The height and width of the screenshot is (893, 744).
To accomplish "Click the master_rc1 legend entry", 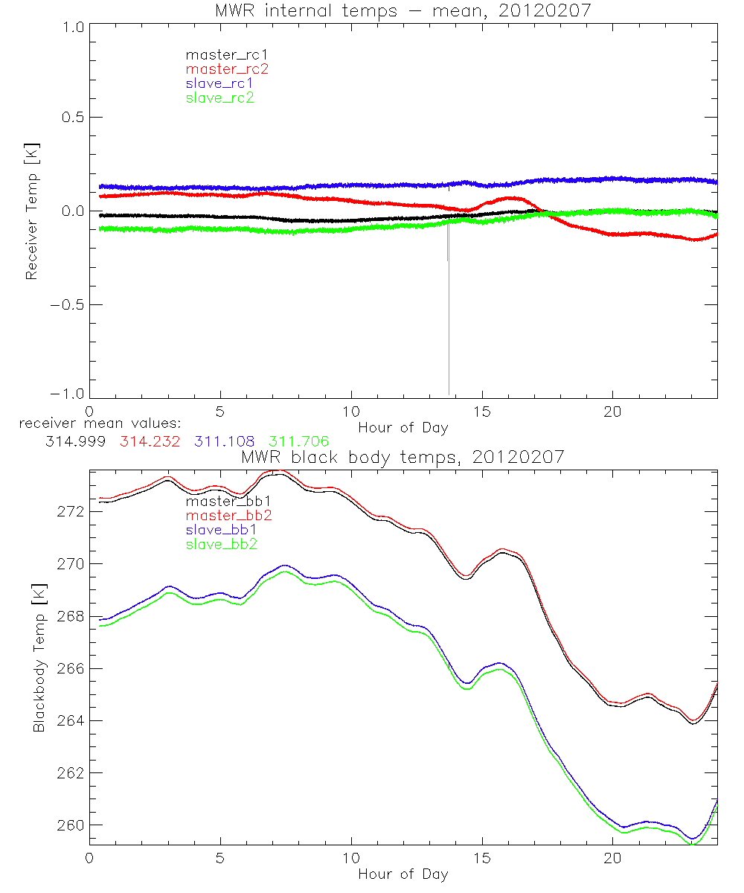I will pos(219,54).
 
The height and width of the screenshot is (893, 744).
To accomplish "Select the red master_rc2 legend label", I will pos(227,68).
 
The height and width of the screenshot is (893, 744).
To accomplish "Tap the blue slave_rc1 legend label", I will pos(219,83).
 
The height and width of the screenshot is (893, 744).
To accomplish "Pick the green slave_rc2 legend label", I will pos(219,97).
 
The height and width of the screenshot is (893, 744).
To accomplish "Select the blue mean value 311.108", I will pos(225,441).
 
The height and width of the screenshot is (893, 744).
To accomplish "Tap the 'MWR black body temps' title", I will pos(403,457).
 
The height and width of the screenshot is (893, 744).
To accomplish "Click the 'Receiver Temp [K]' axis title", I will pos(31,211).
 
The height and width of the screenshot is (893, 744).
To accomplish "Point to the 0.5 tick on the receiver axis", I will pos(71,118).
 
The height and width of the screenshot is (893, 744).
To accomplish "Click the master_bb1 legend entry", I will pos(219,501).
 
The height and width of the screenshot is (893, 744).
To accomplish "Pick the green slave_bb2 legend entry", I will pos(219,545).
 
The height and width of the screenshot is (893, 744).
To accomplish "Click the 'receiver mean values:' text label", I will pos(94,423).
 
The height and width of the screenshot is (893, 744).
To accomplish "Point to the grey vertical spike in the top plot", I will pos(449,335).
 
